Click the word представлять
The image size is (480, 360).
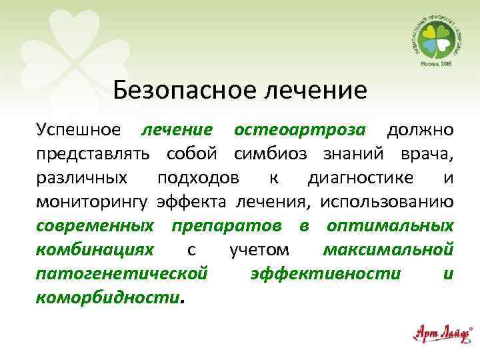pyautogui.click(x=92, y=155)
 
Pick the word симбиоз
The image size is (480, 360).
pyautogui.click(x=271, y=155)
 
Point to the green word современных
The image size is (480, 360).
pyautogui.click(x=93, y=226)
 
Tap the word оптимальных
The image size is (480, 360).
pyautogui.click(x=390, y=226)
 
